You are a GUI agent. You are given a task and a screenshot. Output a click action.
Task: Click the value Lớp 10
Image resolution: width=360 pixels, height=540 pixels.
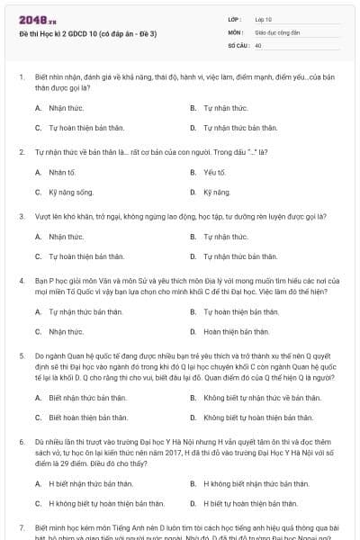(x=264, y=19)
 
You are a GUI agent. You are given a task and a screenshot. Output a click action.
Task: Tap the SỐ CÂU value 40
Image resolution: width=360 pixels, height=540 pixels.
(x=258, y=44)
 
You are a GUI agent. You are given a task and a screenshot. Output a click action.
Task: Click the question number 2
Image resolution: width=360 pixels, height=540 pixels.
(x=22, y=152)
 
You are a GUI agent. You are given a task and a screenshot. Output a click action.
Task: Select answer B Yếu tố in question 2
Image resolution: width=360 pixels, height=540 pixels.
(x=214, y=172)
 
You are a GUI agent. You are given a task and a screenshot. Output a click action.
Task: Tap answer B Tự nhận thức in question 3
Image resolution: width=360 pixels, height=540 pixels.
(x=225, y=237)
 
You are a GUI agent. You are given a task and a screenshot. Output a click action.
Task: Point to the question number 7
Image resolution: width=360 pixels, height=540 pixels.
(x=22, y=525)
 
